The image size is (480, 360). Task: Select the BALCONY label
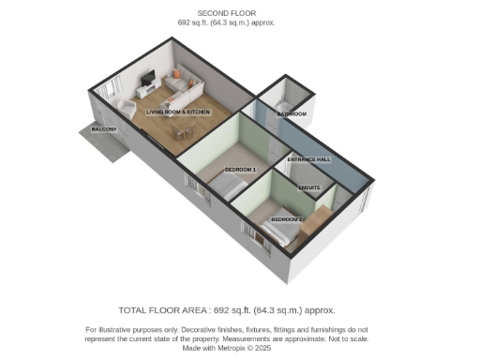pos(104,128)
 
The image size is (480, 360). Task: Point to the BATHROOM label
pos(291,114)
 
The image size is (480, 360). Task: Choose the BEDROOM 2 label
pos(287,218)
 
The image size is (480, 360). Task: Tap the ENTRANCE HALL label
pos(308,160)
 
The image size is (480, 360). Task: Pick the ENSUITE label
pos(309,187)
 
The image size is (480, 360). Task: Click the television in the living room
pos(147,79)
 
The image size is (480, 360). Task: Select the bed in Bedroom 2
pos(280,236)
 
